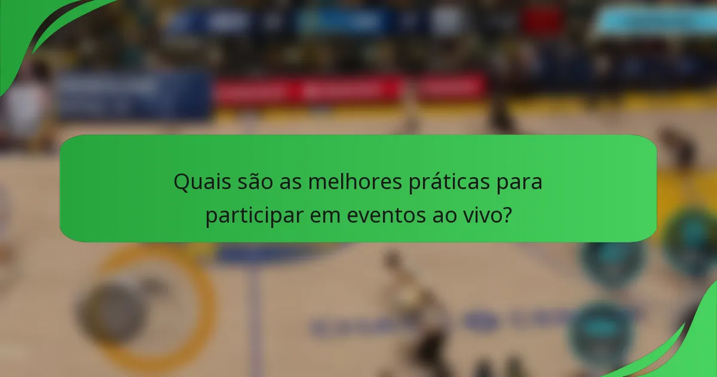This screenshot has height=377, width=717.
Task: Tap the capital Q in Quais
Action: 180,182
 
